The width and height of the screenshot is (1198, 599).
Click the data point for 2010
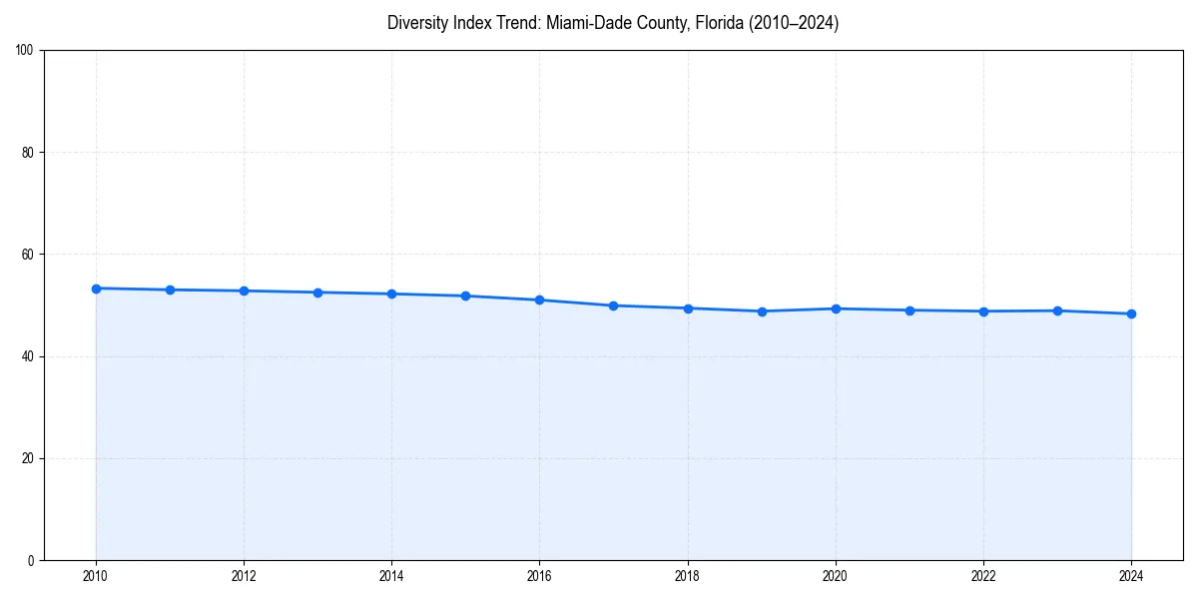[96, 289]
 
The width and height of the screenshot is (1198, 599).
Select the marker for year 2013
[317, 293]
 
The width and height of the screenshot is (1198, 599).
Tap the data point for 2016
[539, 299]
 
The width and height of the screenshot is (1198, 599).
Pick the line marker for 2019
[762, 311]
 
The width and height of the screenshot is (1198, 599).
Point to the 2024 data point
[1131, 313]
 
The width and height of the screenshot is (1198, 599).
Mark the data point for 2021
[909, 310]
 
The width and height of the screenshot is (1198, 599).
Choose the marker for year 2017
[613, 305]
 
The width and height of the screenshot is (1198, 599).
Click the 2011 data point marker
[170, 290]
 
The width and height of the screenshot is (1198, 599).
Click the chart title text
[613, 23]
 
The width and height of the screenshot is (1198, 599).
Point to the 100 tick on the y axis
[26, 51]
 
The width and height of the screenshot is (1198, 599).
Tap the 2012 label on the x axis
[244, 576]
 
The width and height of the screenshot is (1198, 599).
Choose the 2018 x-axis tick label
[687, 576]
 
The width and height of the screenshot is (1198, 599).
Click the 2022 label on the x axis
[983, 576]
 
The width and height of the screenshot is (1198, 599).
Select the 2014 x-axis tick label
[391, 576]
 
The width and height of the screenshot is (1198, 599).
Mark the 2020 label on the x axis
[836, 576]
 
